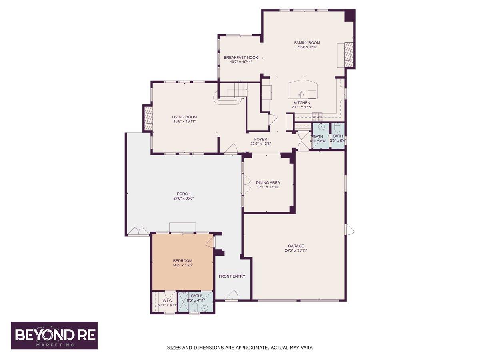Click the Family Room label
(307, 43)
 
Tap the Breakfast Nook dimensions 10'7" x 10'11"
(241, 62)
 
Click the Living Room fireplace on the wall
(148, 118)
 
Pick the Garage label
(296, 246)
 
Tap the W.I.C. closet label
(167, 301)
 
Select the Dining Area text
(268, 182)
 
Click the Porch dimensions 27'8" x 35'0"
(184, 198)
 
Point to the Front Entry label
(232, 276)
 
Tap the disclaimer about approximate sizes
(240, 348)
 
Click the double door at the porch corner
(138, 231)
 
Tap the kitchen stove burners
(317, 116)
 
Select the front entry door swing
(232, 296)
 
